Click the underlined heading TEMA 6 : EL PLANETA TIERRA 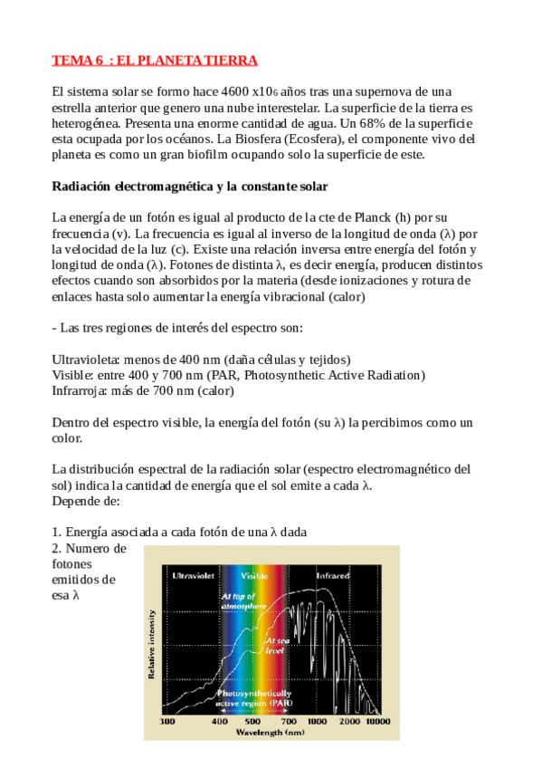click(155, 61)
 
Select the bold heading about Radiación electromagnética click(189, 187)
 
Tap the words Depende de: click(86, 501)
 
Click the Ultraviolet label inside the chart click(191, 575)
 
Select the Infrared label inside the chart click(331, 575)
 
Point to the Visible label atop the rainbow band click(254, 575)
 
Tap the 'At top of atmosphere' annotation click(242, 600)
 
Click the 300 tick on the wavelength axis click(166, 721)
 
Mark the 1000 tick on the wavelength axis click(317, 721)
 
